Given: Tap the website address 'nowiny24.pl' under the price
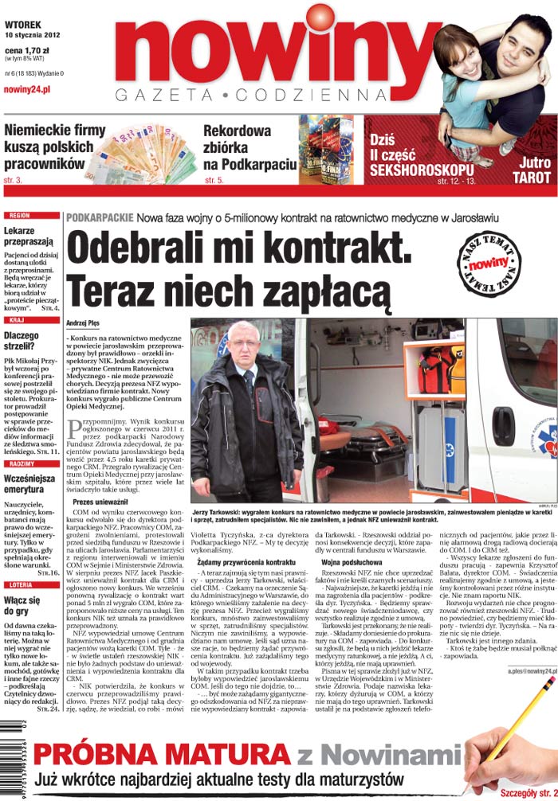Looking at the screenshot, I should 27,90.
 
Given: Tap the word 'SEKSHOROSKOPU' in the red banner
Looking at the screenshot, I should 422,170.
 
